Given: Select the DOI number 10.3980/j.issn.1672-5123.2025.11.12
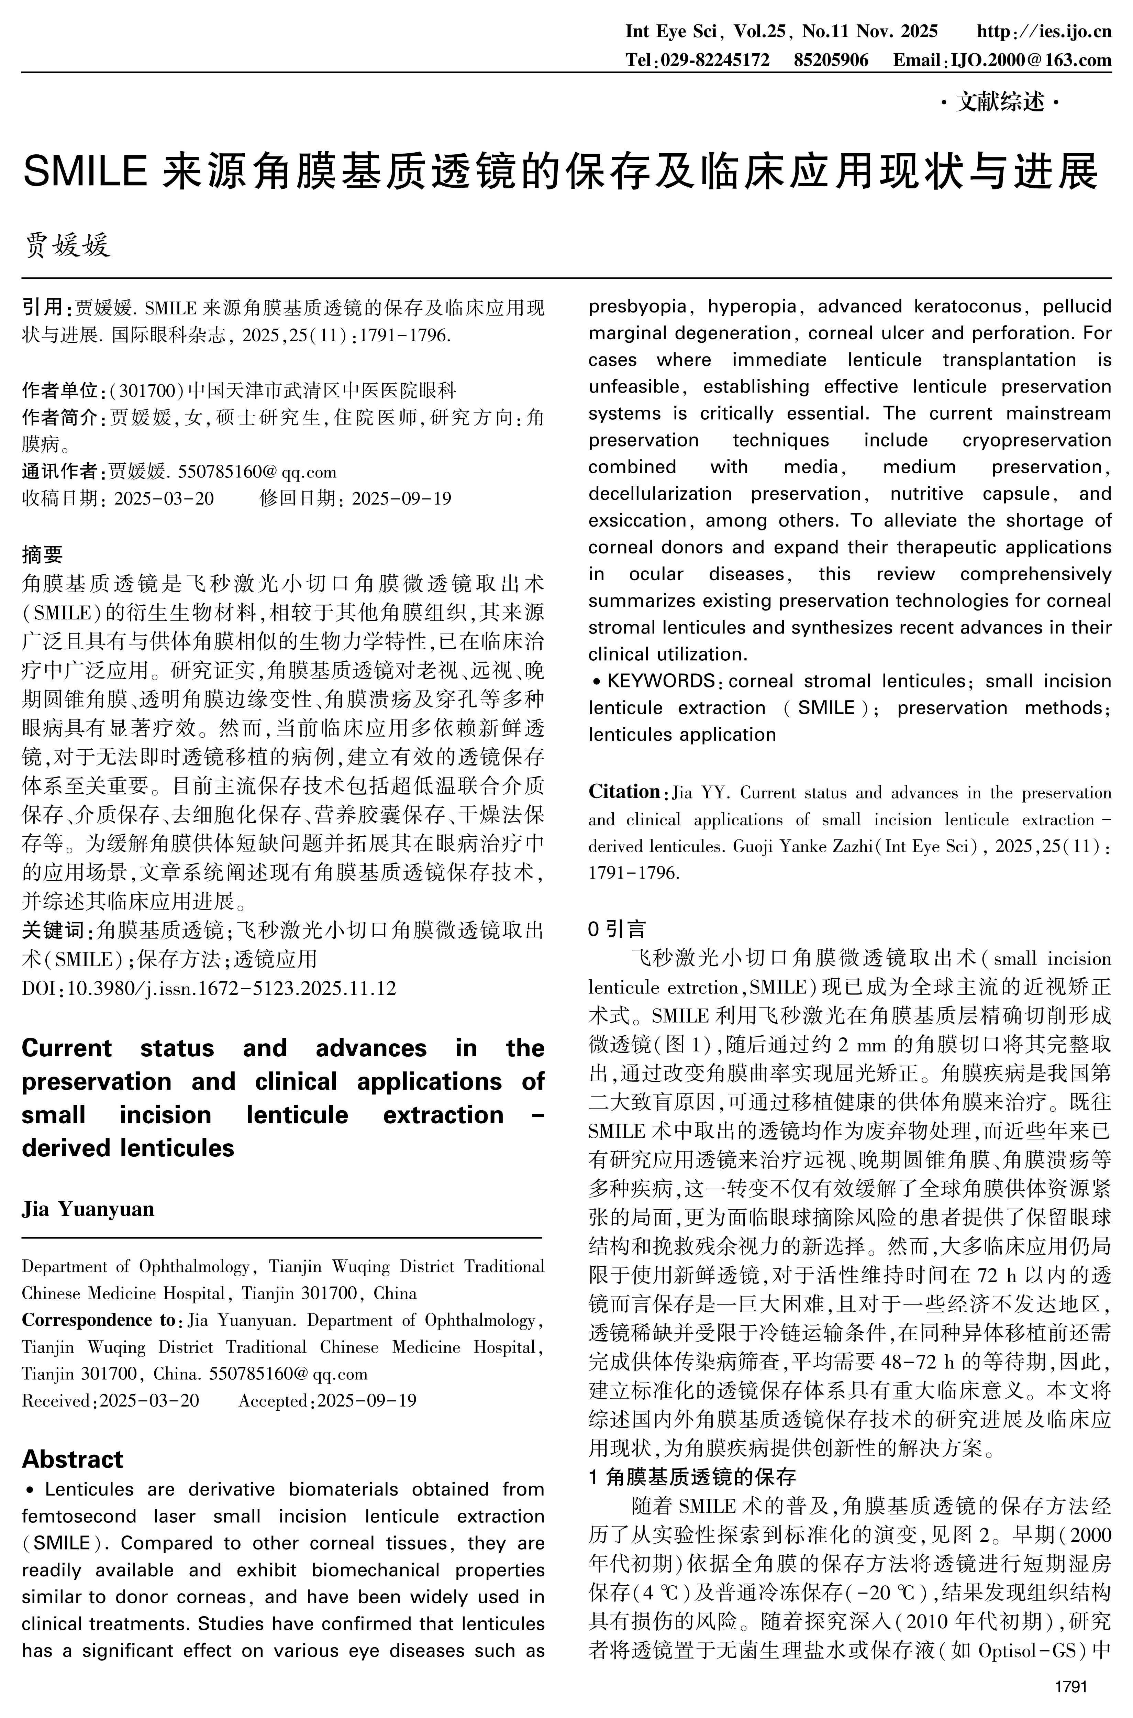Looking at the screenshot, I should pyautogui.click(x=231, y=988).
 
